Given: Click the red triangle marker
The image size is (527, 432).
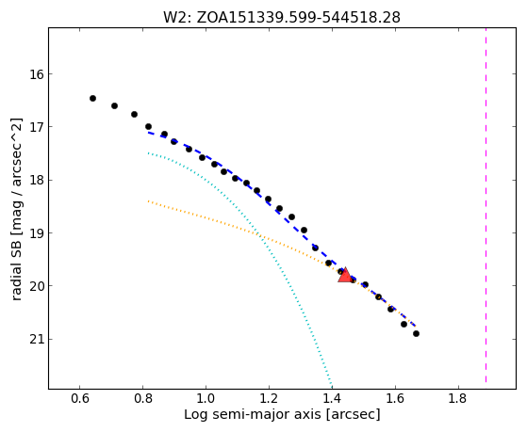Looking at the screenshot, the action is pyautogui.click(x=345, y=275).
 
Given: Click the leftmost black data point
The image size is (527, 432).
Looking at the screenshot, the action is pyautogui.click(x=92, y=98).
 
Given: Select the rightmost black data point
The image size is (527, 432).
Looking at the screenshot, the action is pyautogui.click(x=416, y=334).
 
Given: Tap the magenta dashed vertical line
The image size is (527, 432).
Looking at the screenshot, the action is pyautogui.click(x=486, y=205).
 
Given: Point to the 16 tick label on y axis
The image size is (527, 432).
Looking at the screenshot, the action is pyautogui.click(x=37, y=73).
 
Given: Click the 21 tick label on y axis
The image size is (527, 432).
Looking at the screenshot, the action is pyautogui.click(x=37, y=340).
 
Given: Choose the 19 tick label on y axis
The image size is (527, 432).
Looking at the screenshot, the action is pyautogui.click(x=37, y=233).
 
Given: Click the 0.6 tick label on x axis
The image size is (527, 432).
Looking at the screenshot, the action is pyautogui.click(x=79, y=398).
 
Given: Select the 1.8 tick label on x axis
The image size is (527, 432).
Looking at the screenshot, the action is pyautogui.click(x=458, y=398).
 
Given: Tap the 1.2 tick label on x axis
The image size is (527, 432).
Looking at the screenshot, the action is pyautogui.click(x=269, y=398).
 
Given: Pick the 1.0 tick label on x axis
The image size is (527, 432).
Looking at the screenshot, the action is pyautogui.click(x=206, y=398).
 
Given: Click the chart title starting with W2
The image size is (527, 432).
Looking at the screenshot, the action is pyautogui.click(x=282, y=18).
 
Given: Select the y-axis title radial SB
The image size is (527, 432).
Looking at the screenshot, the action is pyautogui.click(x=17, y=209).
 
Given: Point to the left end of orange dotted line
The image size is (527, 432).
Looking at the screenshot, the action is pyautogui.click(x=148, y=201).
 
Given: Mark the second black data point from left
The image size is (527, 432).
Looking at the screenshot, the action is pyautogui.click(x=114, y=106).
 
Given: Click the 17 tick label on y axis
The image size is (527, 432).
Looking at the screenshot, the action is pyautogui.click(x=37, y=127).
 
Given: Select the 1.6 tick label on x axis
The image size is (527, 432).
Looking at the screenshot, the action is pyautogui.click(x=395, y=398).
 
